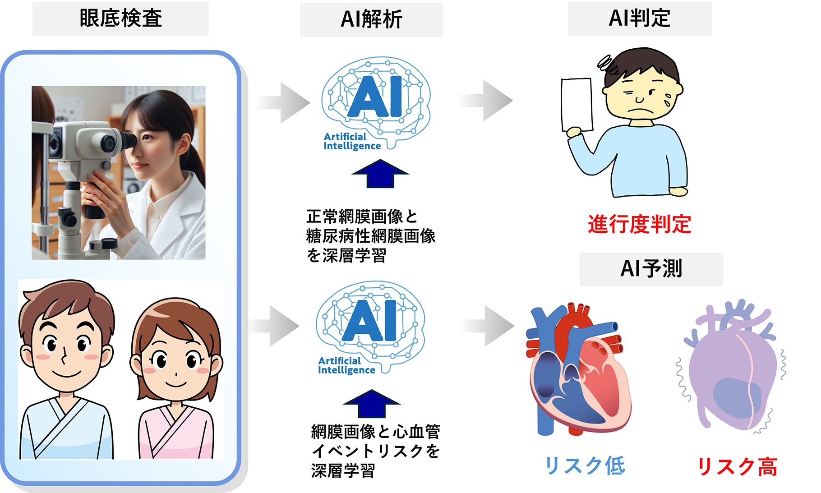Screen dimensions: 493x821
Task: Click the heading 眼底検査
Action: pyautogui.click(x=120, y=18)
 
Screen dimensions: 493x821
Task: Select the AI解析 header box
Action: pyautogui.click(x=371, y=19)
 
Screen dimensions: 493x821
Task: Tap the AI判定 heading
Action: pyautogui.click(x=639, y=18)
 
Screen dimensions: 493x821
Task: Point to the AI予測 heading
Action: pyautogui.click(x=651, y=269)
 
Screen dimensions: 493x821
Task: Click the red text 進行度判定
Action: pyautogui.click(x=639, y=224)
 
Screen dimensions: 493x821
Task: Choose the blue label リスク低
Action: pyautogui.click(x=585, y=466)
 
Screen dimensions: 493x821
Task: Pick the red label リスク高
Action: pyautogui.click(x=737, y=467)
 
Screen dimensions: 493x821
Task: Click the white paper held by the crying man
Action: pyautogui.click(x=577, y=105)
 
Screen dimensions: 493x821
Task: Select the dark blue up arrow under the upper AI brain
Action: pyautogui.click(x=380, y=174)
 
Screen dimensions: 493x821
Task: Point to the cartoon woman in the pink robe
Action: pyautogui.click(x=176, y=379)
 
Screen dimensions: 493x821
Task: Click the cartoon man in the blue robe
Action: pyautogui.click(x=67, y=370)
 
